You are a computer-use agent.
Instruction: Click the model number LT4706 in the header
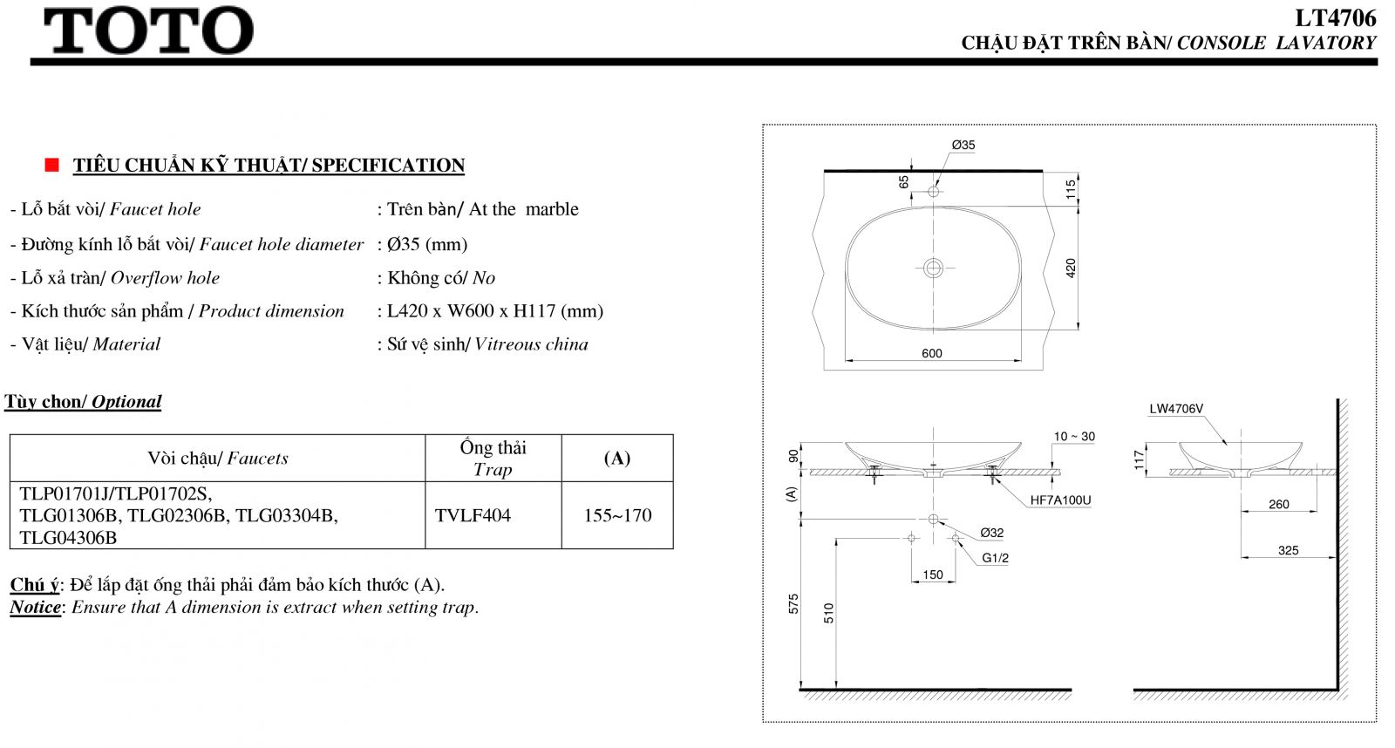[x=1335, y=18]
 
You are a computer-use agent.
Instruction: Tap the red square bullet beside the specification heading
[x=52, y=165]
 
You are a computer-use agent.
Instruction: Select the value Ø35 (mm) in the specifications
[x=427, y=244]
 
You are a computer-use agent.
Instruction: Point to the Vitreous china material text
[x=531, y=344]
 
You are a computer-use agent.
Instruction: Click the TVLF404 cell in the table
[x=473, y=516]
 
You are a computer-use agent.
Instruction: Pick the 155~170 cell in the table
[x=618, y=516]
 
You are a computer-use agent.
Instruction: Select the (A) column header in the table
[x=617, y=459]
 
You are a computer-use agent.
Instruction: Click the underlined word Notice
[x=36, y=608]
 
